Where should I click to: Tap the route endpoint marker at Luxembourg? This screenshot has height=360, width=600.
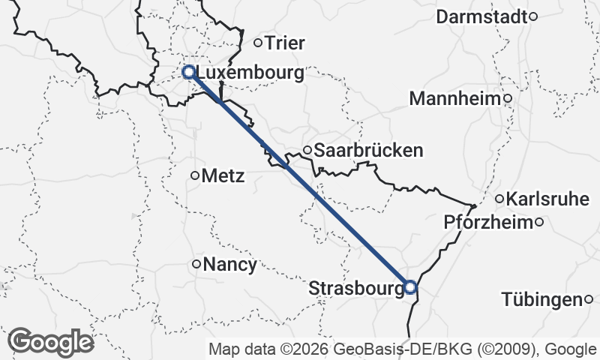[x=189, y=72]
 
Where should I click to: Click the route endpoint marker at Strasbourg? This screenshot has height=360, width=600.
[x=410, y=286]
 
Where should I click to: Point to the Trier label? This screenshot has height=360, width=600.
[x=286, y=43]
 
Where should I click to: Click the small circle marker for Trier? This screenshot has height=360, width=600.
[x=257, y=43]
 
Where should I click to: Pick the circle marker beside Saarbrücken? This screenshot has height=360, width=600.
[x=307, y=150]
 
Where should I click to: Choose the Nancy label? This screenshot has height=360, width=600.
[x=230, y=264]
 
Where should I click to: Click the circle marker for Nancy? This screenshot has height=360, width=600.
[x=196, y=264]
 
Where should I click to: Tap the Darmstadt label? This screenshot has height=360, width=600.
[x=482, y=16]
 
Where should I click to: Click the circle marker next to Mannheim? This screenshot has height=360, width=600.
[x=508, y=97]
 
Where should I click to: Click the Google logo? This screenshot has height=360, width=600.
[x=50, y=343]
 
